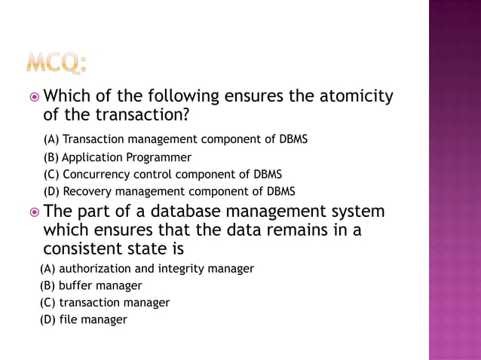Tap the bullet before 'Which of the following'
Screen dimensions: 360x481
click(x=33, y=97)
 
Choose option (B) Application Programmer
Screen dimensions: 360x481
click(x=117, y=157)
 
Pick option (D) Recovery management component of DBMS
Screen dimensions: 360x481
click(x=169, y=191)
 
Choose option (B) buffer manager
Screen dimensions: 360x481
click(x=90, y=285)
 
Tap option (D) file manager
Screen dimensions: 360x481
click(x=83, y=319)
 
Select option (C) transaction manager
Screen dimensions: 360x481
click(x=104, y=303)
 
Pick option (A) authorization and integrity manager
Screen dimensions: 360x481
click(x=146, y=268)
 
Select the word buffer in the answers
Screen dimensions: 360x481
click(x=76, y=285)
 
